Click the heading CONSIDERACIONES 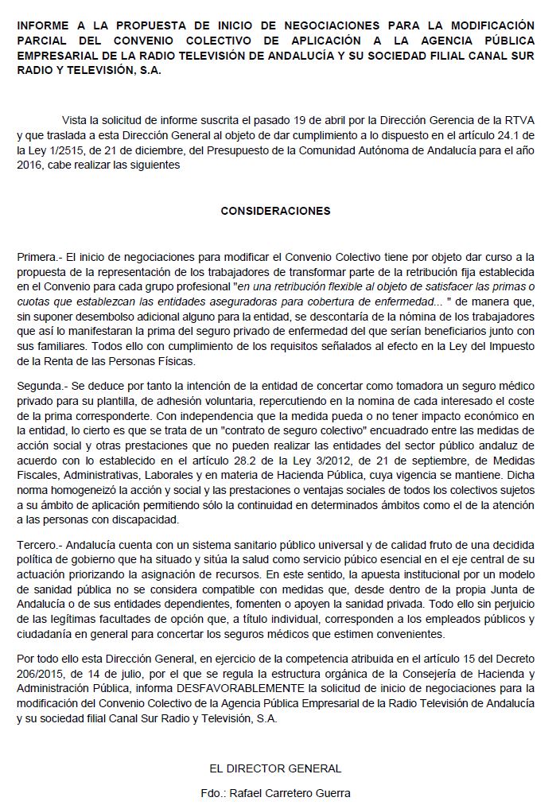[275, 211]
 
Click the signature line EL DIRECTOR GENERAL [275, 768]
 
